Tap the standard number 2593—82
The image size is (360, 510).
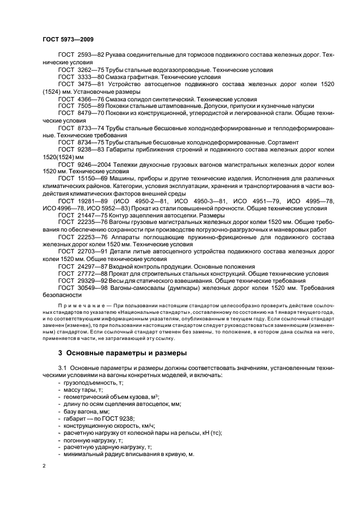(x=90, y=56)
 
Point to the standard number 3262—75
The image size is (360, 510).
(x=90, y=70)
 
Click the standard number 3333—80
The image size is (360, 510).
(x=90, y=77)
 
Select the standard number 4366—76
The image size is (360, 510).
(x=90, y=99)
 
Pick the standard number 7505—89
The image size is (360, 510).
(x=90, y=106)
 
